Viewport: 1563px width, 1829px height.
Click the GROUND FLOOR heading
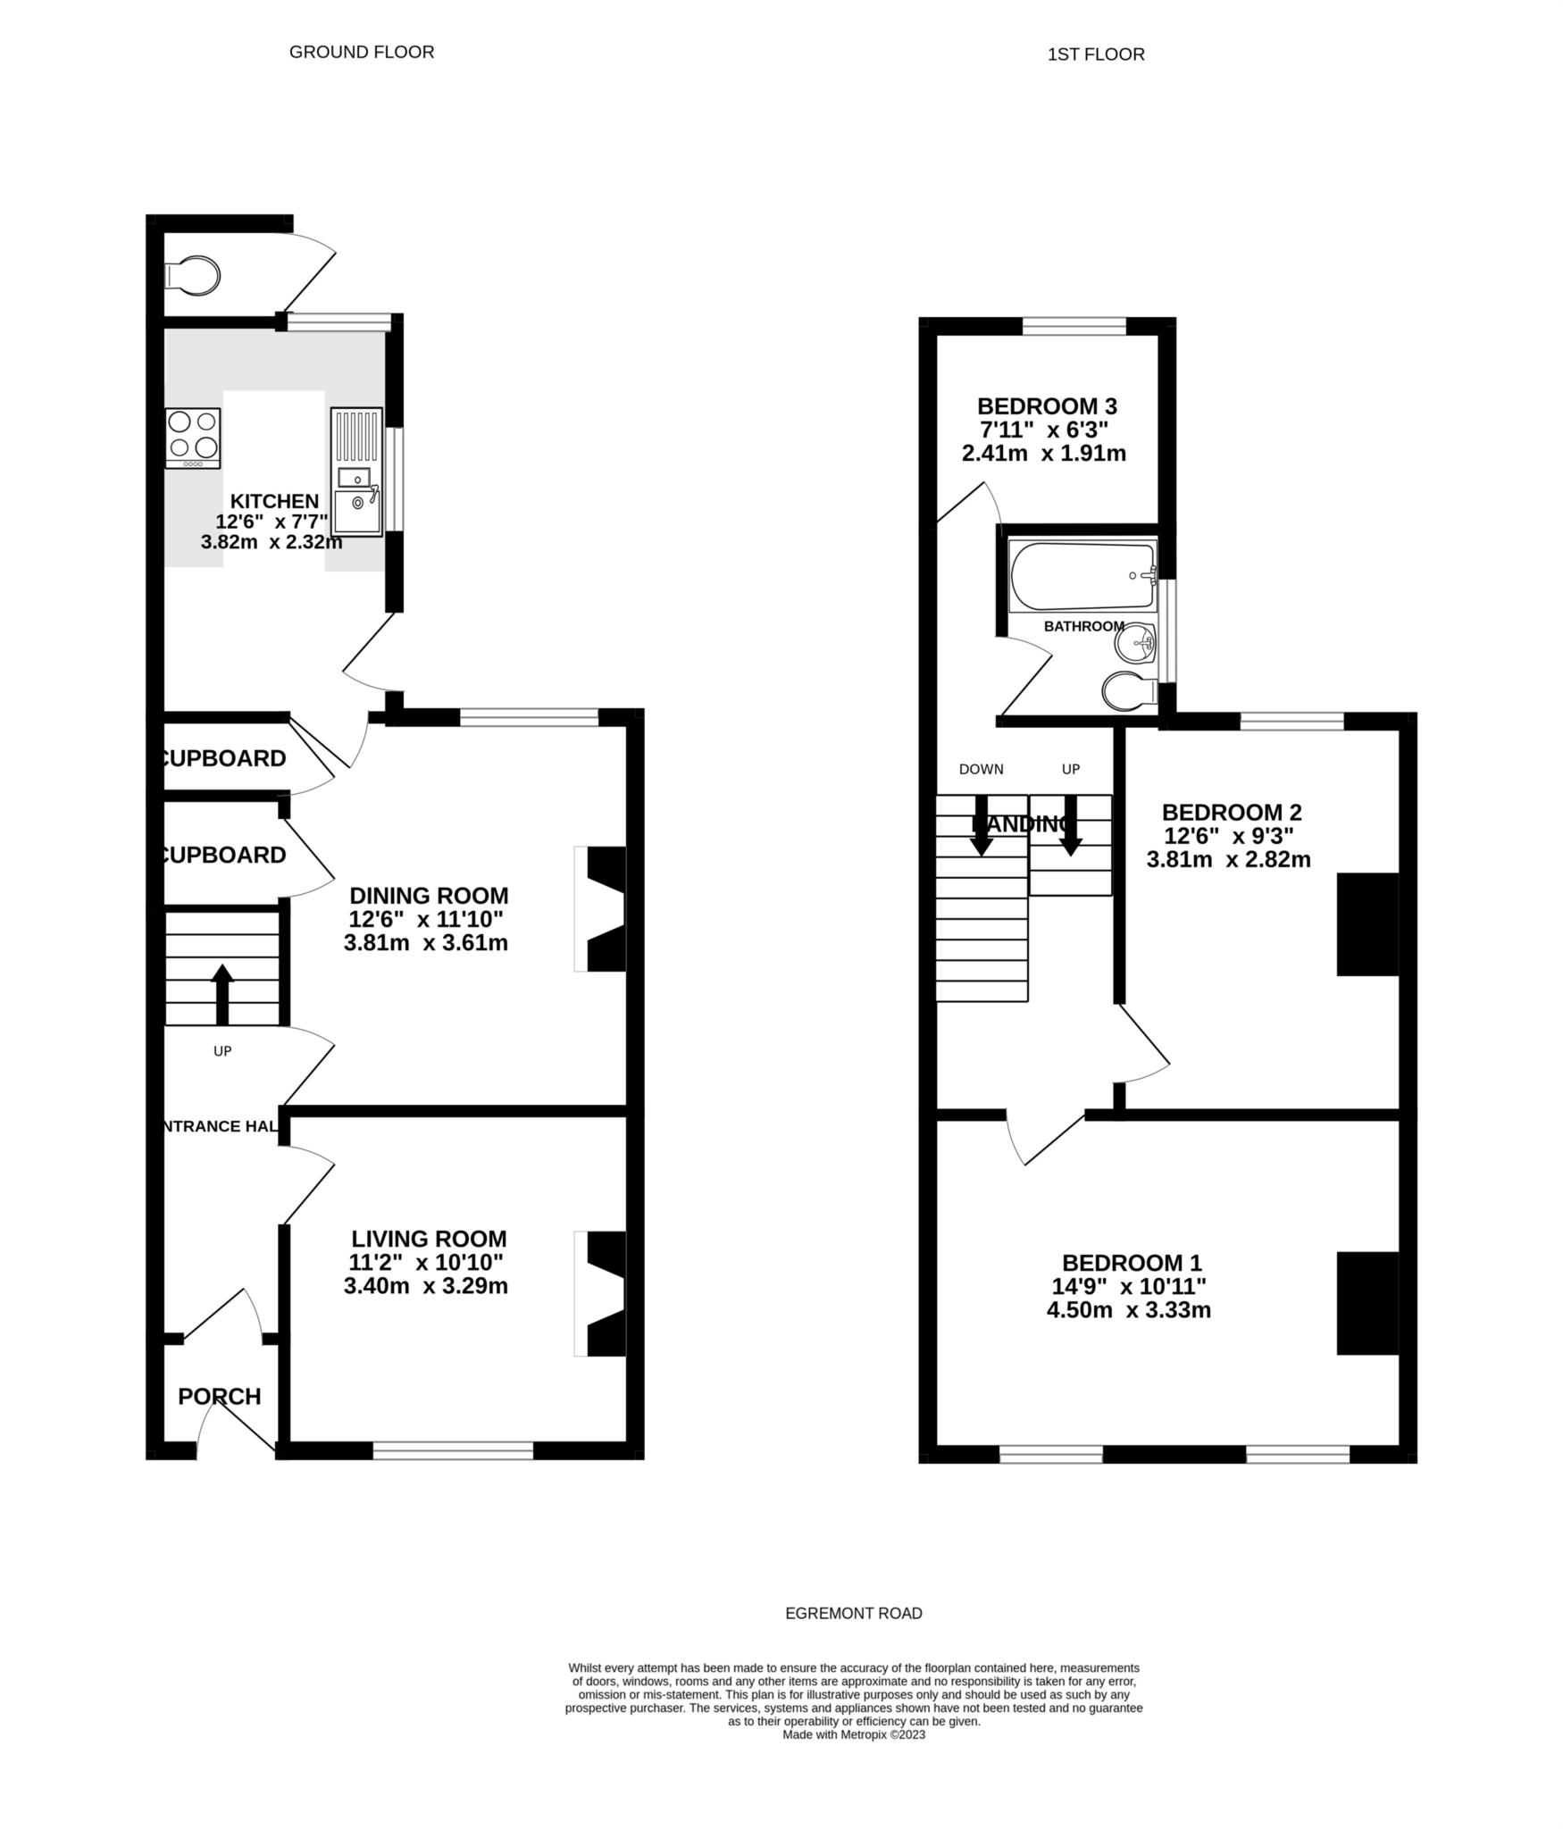[362, 52]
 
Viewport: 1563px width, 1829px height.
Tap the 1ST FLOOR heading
[1096, 54]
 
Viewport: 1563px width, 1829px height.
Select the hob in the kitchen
[193, 438]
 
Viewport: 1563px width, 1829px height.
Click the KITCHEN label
[274, 501]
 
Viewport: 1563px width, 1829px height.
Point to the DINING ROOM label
[429, 895]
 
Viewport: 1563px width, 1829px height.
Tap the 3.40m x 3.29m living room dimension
[426, 1286]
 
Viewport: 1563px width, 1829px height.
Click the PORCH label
[220, 1396]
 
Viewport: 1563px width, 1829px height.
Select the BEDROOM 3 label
[1047, 406]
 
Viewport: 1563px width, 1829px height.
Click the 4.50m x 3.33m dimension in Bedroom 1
[1129, 1310]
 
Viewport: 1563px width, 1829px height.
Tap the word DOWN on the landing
[981, 769]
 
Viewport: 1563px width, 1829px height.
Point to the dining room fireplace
[603, 909]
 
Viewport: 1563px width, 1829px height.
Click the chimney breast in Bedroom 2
[1367, 924]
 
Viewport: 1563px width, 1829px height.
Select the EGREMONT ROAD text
[853, 1614]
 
